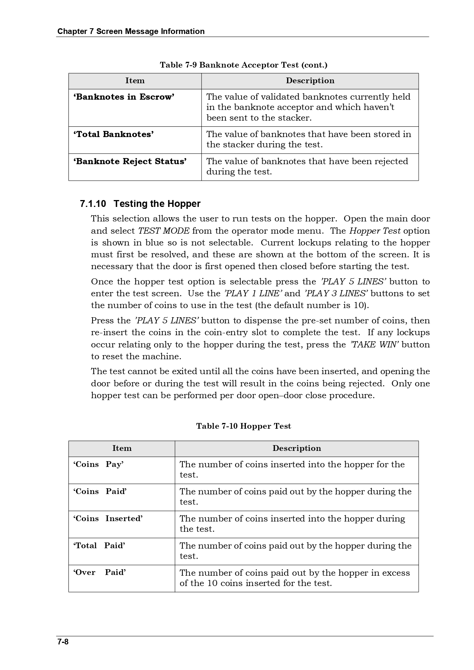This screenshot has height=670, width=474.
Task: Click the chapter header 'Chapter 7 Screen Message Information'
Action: [131, 31]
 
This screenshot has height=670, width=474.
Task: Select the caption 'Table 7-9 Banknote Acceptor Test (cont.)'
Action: [243, 65]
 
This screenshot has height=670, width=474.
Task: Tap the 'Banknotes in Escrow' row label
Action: [124, 97]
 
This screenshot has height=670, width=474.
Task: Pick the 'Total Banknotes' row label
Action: [114, 134]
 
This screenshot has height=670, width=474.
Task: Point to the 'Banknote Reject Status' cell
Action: [130, 161]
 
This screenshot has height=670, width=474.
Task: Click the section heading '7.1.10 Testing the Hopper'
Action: [140, 203]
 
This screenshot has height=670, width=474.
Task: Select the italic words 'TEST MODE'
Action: [164, 231]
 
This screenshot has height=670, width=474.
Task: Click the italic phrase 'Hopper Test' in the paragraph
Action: [375, 231]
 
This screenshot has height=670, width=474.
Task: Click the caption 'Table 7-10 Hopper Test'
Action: [243, 426]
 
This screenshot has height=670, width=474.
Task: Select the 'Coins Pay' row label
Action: [99, 465]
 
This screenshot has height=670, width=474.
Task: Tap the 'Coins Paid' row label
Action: [100, 492]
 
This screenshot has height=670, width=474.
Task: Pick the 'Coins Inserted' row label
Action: [108, 519]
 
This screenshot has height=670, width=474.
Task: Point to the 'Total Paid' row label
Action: [99, 546]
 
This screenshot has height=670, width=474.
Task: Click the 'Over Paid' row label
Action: [99, 573]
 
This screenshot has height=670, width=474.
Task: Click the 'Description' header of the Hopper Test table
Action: [297, 449]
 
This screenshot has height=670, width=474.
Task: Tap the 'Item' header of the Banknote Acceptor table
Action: [135, 81]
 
